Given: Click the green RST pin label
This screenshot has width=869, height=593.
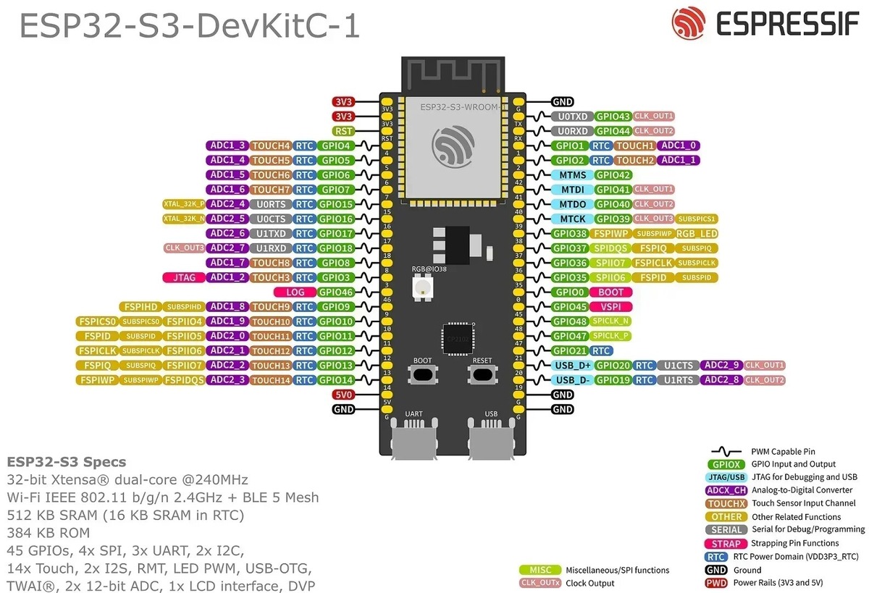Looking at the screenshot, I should (x=343, y=131).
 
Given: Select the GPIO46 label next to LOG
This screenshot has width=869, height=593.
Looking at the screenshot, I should (x=336, y=293).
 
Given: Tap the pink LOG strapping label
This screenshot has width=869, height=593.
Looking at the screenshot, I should (x=295, y=293).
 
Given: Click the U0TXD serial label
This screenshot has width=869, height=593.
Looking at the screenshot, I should (x=572, y=117).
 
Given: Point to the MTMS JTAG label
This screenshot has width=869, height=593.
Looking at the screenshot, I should (x=572, y=175).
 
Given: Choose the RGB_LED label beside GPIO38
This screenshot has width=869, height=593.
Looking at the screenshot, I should (x=697, y=234).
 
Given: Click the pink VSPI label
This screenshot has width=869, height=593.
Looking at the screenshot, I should (x=610, y=307).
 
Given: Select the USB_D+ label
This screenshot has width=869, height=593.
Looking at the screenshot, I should (x=572, y=366).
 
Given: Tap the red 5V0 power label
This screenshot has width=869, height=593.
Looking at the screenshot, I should (x=343, y=395).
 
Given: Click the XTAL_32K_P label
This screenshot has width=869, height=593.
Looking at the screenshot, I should (x=184, y=204).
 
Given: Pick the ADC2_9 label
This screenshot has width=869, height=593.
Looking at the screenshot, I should (x=721, y=366).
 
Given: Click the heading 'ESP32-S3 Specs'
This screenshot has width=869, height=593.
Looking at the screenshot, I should (x=66, y=462).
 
